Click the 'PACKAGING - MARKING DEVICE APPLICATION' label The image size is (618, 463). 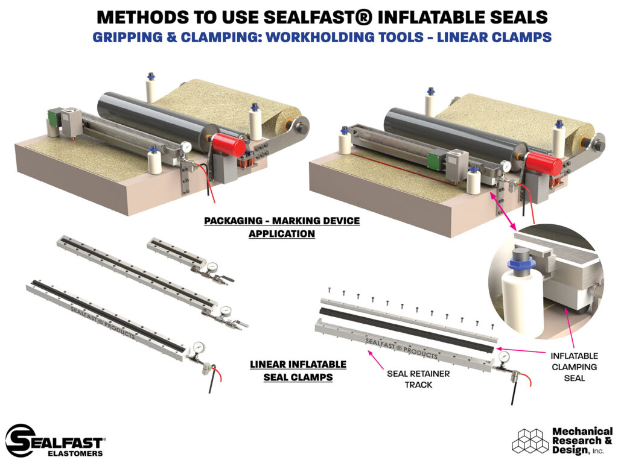(281, 227)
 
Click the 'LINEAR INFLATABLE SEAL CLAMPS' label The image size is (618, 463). (298, 371)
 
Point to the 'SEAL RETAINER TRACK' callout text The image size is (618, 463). (418, 379)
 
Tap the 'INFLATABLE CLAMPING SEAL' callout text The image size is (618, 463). (573, 366)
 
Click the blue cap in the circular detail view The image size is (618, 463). (520, 264)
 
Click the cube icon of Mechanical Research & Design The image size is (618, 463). (529, 441)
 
